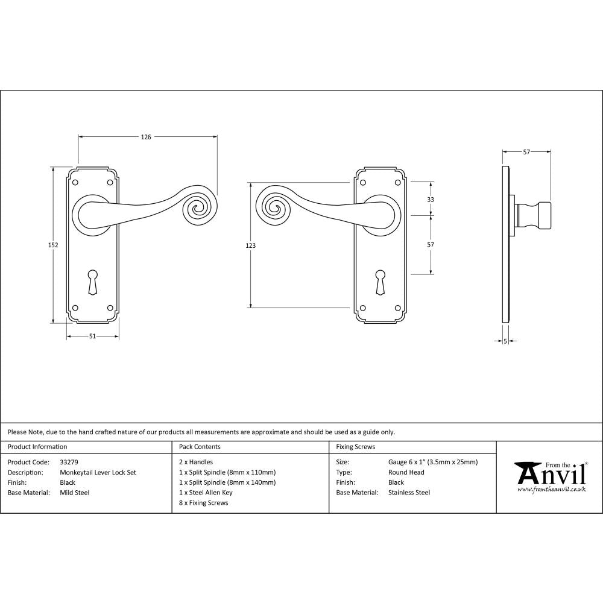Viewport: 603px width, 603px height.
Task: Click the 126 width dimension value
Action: click(146, 137)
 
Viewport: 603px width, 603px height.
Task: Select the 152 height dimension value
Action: click(53, 245)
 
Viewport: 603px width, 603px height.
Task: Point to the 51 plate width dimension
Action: click(92, 336)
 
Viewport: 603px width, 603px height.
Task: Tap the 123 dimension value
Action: click(251, 245)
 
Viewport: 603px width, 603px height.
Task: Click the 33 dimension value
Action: click(431, 199)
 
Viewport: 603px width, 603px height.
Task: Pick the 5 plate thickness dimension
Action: click(505, 341)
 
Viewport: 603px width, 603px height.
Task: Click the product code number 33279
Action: click(69, 463)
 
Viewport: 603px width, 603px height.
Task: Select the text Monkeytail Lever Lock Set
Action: click(98, 473)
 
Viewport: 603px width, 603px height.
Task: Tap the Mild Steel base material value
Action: click(75, 493)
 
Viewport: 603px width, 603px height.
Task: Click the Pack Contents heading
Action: click(200, 447)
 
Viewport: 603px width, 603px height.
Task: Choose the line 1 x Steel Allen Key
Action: click(206, 493)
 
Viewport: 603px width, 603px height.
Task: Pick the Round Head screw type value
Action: click(406, 473)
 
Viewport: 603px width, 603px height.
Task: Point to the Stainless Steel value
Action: click(409, 493)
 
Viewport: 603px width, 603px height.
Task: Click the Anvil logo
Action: click(550, 476)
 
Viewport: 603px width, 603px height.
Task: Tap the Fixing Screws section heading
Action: click(355, 447)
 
